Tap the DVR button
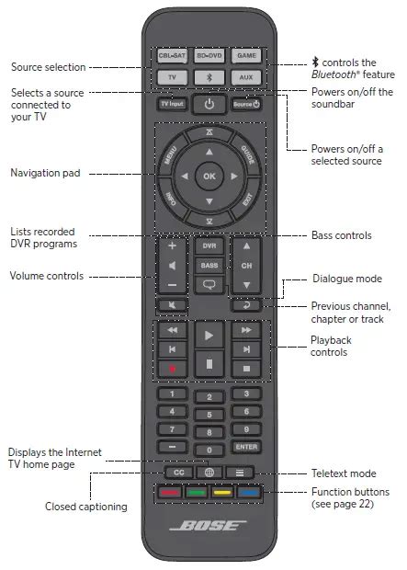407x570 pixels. click(x=209, y=246)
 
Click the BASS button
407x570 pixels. click(x=209, y=266)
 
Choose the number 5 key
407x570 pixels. click(x=209, y=415)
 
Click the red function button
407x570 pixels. click(x=170, y=492)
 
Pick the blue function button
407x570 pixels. click(x=247, y=492)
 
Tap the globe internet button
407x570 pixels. click(x=209, y=473)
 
